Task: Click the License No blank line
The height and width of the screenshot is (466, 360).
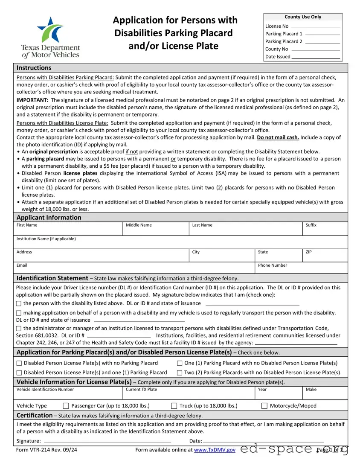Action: click(316, 27)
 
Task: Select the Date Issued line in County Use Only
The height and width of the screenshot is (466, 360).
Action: click(315, 58)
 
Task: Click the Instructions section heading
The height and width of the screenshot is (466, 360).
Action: click(34, 68)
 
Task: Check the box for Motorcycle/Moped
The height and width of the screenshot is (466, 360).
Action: click(264, 406)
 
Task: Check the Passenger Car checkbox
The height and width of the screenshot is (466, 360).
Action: click(66, 406)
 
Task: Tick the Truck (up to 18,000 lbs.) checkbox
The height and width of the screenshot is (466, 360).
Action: click(174, 406)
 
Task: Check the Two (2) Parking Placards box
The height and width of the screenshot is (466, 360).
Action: click(180, 373)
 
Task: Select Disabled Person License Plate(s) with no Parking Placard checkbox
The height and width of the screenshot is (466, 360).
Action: click(19, 363)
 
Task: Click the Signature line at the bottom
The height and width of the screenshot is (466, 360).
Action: click(107, 441)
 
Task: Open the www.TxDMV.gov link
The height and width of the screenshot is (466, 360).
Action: click(215, 450)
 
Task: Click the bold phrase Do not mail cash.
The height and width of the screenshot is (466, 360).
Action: click(278, 137)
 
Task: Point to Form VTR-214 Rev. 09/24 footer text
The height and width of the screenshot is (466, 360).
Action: click(46, 450)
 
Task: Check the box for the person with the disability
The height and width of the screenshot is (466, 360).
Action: click(19, 303)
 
